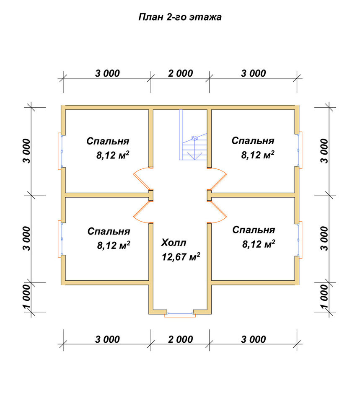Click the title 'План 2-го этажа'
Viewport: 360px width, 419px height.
pos(180,17)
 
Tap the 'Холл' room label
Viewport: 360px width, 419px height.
pos(174,243)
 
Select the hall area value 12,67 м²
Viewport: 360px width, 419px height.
pos(181,256)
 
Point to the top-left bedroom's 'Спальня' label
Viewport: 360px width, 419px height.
pos(108,141)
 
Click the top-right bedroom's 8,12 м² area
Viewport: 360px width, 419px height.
pos(258,155)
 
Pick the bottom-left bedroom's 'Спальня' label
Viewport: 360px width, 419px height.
pos(109,231)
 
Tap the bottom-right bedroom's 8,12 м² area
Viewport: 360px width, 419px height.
pos(259,244)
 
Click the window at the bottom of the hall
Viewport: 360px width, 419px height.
pos(180,314)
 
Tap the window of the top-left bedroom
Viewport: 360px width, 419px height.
pos(60,151)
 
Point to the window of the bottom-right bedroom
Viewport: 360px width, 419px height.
pos(300,240)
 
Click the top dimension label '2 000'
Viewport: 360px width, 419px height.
pos(180,73)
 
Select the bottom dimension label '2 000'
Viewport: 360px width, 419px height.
pos(180,339)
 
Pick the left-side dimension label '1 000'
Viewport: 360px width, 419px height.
pos(27,297)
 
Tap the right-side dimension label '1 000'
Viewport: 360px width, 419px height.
pos(324,297)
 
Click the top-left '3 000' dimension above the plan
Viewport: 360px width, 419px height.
pos(107,73)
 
